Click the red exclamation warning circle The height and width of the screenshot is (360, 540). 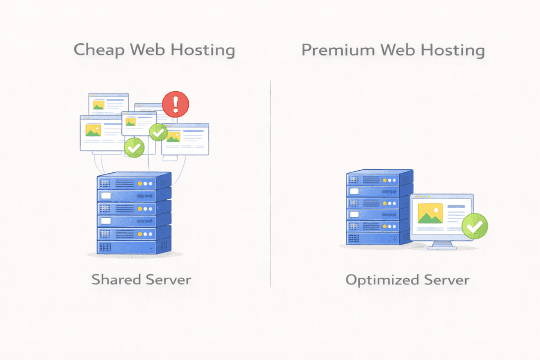pyautogui.click(x=175, y=104)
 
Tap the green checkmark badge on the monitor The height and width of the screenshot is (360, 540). pyautogui.click(x=475, y=227)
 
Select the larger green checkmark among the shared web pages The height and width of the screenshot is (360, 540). pyautogui.click(x=134, y=147)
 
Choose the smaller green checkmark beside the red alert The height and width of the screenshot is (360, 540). pyautogui.click(x=158, y=132)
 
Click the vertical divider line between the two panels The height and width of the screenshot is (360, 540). pyautogui.click(x=271, y=184)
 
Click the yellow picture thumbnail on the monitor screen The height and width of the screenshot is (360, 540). pyautogui.click(x=430, y=213)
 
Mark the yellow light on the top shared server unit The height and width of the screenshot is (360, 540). pyautogui.click(x=140, y=184)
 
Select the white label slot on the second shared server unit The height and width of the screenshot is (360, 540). pyautogui.click(x=107, y=196)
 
